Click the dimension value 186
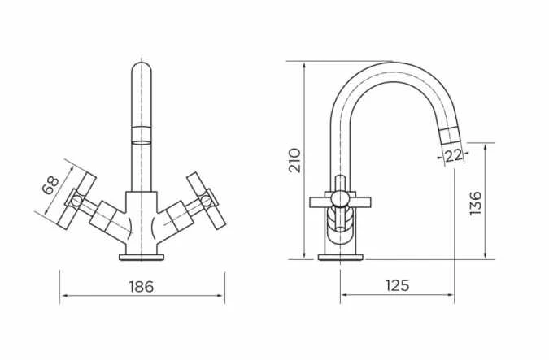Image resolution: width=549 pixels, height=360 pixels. coord(141,287)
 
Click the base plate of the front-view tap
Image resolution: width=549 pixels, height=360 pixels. coord(142,257)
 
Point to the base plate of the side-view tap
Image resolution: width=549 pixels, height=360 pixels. coord(340,257)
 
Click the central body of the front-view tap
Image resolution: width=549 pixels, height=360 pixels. coord(142,219)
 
